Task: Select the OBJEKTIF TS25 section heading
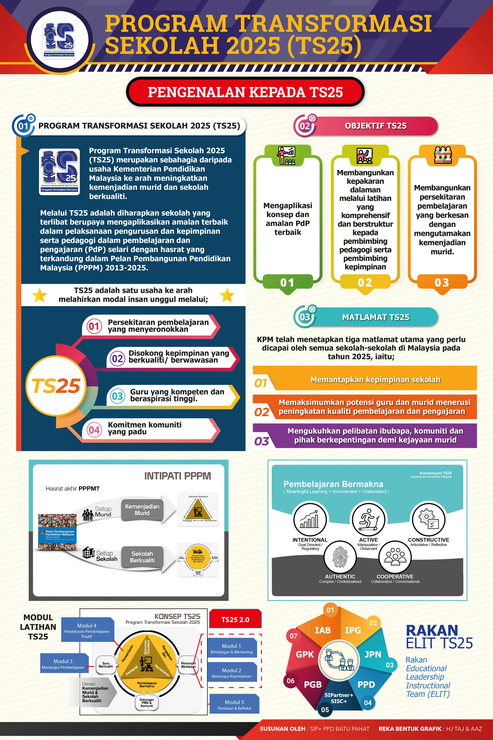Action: click(x=376, y=126)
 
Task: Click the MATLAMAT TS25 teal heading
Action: click(x=376, y=317)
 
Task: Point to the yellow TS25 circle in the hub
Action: click(x=56, y=386)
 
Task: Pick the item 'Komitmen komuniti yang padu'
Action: click(x=145, y=428)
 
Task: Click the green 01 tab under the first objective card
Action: click(x=287, y=282)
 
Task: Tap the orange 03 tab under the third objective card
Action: click(x=442, y=282)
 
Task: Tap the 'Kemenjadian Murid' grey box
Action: click(x=142, y=510)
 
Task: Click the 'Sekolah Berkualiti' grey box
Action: click(x=142, y=557)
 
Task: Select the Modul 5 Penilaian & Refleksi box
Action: click(x=234, y=705)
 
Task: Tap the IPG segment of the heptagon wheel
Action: click(x=353, y=630)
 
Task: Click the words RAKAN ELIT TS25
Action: click(x=439, y=636)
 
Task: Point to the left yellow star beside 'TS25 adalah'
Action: click(x=40, y=295)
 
